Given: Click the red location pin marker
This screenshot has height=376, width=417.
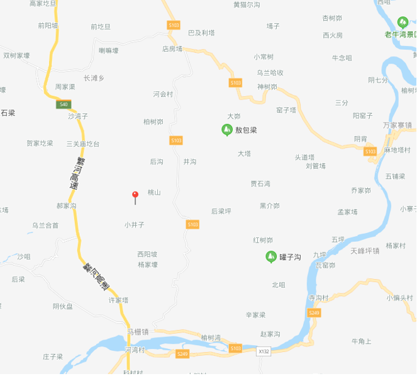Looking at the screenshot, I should tap(135, 195).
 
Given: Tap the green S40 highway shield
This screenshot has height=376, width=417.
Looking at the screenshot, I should tap(63, 104).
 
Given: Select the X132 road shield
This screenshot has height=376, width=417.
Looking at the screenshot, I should tap(264, 351).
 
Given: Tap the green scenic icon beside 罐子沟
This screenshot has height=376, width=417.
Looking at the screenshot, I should tap(270, 256).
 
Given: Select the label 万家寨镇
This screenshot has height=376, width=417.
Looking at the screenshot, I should tap(397, 125).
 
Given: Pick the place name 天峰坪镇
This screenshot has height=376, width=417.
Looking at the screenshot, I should tap(365, 251).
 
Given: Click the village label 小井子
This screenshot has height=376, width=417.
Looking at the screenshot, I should tap(135, 224).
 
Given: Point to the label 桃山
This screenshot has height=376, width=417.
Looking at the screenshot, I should tap(154, 192).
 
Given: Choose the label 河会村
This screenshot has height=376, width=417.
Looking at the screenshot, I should tap(163, 94).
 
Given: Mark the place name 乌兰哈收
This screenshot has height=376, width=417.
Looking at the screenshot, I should tap(270, 73).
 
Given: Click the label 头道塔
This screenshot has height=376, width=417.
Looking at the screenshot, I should tap(304, 157).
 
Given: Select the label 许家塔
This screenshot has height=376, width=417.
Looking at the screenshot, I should tap(118, 300).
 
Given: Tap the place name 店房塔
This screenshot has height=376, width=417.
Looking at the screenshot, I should tap(172, 48).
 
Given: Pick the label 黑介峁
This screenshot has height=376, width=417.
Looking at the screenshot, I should tap(269, 206).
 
